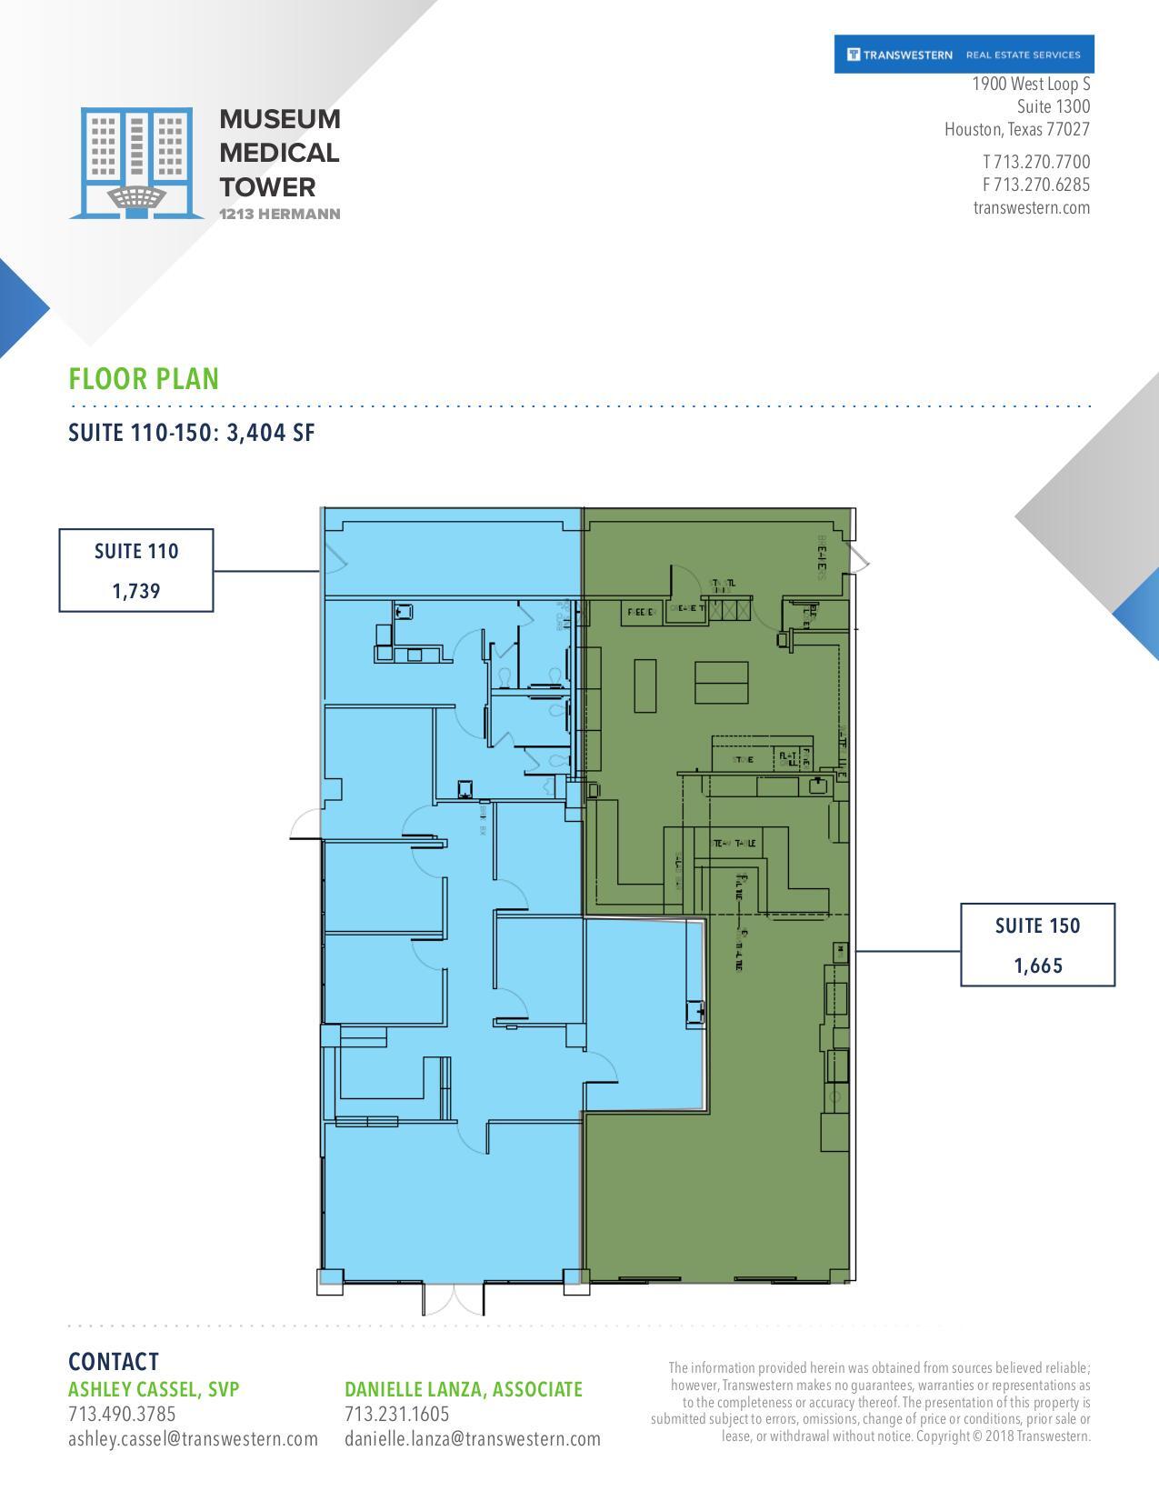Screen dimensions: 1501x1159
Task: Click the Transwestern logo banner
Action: tap(964, 55)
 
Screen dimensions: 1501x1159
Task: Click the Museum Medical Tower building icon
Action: tap(136, 164)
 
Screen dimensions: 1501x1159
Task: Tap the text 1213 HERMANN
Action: tap(280, 215)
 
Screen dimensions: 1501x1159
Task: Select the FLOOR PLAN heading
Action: tap(144, 379)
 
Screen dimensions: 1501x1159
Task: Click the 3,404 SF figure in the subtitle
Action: tap(270, 433)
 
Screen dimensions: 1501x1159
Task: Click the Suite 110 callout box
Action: tap(136, 570)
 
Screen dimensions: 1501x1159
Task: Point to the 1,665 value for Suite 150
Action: tap(1038, 966)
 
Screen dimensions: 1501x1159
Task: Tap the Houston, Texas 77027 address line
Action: tap(1016, 129)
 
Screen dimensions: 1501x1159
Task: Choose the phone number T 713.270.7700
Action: tap(1035, 162)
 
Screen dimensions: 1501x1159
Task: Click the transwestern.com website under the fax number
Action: tap(1031, 207)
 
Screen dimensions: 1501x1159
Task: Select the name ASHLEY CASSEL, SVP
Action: tap(154, 1389)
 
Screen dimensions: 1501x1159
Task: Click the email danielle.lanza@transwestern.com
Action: tap(472, 1439)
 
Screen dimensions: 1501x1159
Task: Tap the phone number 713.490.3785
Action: tap(122, 1415)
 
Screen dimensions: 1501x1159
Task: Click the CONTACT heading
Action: tap(114, 1361)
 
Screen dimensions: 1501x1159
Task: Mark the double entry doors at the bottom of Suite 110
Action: tap(453, 1298)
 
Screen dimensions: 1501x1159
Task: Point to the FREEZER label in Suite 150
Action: tap(641, 613)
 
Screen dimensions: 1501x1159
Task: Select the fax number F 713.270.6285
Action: tap(1035, 185)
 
